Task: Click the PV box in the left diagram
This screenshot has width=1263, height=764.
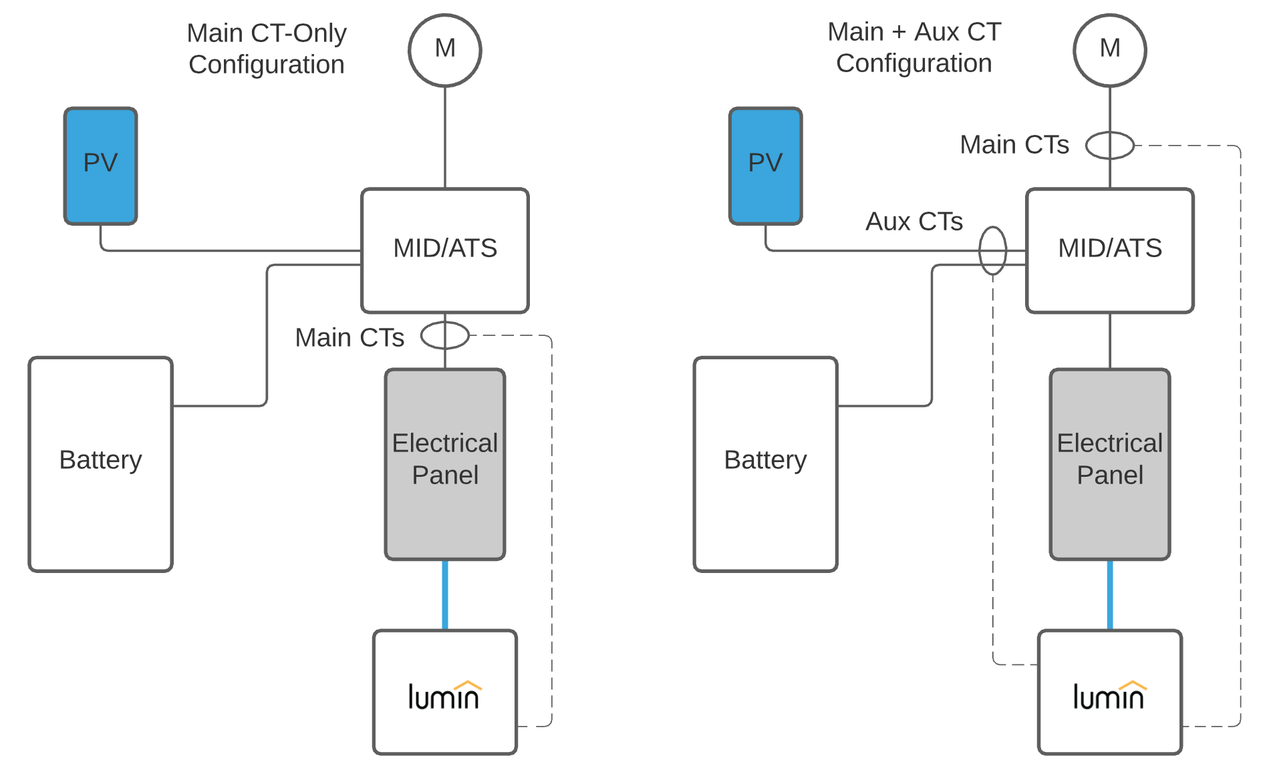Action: point(100,166)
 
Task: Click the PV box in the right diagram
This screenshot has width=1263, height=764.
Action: point(765,166)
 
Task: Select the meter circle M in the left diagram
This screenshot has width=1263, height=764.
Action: point(445,50)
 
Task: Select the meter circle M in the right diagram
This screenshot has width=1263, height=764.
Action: point(1110,50)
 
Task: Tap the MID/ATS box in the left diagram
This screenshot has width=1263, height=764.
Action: point(445,250)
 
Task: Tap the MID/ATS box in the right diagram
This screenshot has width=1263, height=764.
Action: point(1110,250)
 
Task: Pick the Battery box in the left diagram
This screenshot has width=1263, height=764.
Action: point(100,464)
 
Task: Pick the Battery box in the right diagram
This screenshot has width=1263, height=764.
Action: point(765,464)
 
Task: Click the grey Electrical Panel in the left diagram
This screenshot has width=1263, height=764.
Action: point(445,464)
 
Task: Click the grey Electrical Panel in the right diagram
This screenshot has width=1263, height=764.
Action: point(1110,464)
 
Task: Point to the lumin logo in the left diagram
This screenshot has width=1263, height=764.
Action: point(444,695)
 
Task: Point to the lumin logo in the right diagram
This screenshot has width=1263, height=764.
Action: point(1109,695)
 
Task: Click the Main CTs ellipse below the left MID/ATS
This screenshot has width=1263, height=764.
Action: point(445,335)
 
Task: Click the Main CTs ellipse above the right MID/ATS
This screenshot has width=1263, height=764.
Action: point(1110,145)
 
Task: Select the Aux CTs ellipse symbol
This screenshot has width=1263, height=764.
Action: point(992,250)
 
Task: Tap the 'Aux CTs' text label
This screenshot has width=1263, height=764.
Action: point(914,222)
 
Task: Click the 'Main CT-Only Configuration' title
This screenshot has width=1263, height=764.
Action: point(267,49)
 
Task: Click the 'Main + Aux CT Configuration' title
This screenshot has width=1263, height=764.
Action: point(914,47)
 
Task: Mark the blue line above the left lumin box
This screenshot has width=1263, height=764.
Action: point(445,594)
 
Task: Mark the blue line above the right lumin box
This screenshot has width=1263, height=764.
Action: point(1110,594)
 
